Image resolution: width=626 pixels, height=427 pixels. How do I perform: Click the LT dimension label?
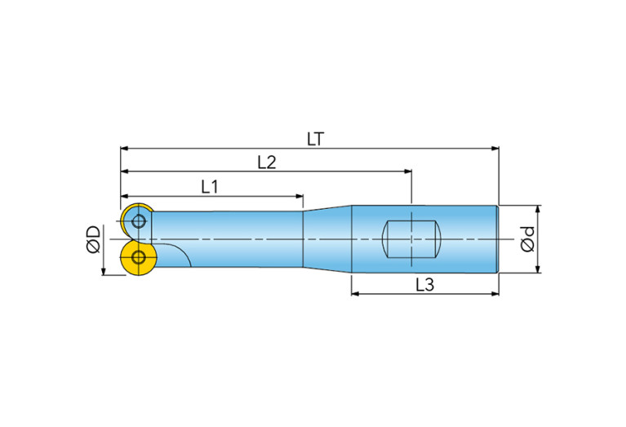tap(315, 139)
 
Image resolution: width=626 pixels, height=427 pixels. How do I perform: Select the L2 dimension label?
tap(266, 162)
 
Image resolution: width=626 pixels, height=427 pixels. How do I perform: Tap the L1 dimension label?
tap(210, 186)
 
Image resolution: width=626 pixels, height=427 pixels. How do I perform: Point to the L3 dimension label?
tap(424, 285)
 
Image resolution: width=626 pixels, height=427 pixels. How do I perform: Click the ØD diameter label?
tap(93, 239)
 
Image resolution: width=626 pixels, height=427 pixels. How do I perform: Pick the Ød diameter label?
tap(527, 239)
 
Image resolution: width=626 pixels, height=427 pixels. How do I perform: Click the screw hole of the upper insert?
tap(139, 221)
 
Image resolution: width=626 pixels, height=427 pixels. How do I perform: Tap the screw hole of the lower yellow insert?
tap(139, 258)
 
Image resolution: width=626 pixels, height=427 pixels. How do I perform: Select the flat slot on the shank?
tap(411, 239)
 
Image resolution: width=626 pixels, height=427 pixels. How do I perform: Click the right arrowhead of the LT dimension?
tap(495, 149)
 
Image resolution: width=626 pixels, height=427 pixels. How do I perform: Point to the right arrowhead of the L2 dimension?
tap(407, 171)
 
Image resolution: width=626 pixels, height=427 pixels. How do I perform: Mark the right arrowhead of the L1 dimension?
tap(299, 196)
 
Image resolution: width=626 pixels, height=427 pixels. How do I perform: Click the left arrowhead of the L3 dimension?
tap(355, 294)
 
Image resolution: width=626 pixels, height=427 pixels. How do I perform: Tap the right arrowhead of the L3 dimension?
tap(495, 294)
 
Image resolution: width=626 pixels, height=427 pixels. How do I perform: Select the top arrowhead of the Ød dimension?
tap(538, 210)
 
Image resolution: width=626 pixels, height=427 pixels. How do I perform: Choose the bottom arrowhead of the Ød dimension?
tap(538, 269)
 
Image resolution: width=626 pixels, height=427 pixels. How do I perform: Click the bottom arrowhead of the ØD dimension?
tap(104, 271)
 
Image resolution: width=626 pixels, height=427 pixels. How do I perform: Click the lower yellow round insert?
tap(137, 259)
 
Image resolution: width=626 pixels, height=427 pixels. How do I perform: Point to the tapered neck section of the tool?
tap(327, 239)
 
